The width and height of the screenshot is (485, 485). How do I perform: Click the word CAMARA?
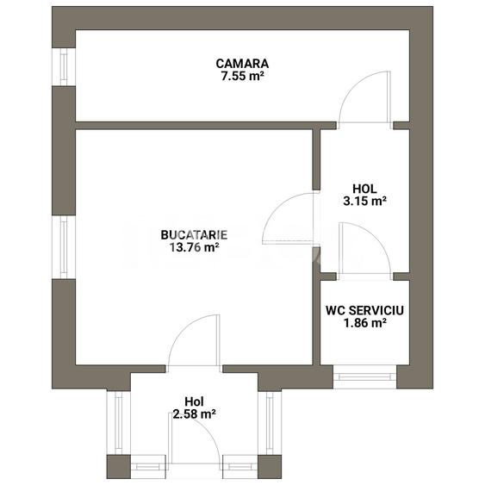click(x=242, y=63)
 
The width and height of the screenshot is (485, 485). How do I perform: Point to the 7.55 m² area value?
click(x=242, y=75)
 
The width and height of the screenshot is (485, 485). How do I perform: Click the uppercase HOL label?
click(x=364, y=189)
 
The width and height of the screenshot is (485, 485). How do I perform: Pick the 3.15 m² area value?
click(x=364, y=202)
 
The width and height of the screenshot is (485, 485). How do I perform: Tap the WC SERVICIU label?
click(x=364, y=309)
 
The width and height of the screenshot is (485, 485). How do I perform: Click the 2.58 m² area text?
click(x=194, y=414)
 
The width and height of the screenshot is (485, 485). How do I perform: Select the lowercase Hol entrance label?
click(x=194, y=401)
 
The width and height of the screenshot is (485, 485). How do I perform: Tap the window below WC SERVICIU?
click(x=364, y=376)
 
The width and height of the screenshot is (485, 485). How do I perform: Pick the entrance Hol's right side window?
click(x=269, y=422)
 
